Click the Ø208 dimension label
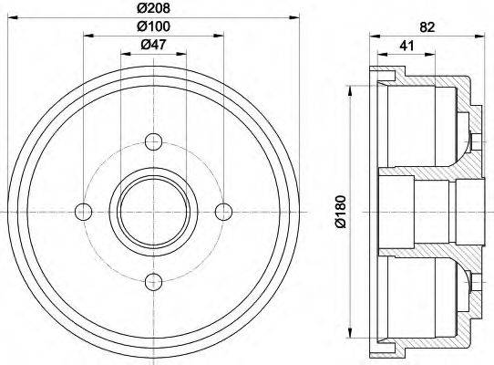coord(152,7)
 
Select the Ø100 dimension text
coord(152,26)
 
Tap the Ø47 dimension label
coord(152,46)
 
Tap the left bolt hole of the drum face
coord(84,212)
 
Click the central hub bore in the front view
coord(153,212)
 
